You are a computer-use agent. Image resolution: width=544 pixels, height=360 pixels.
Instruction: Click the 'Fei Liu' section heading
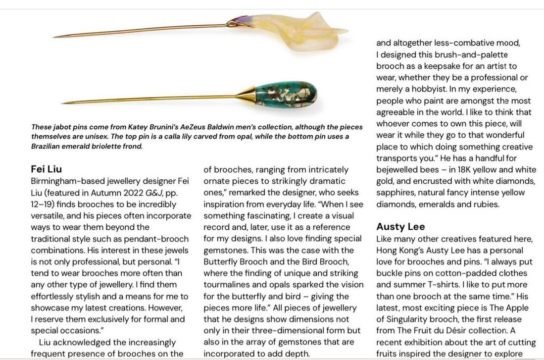coord(46,169)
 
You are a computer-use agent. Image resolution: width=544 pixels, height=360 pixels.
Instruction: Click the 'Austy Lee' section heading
coord(400,227)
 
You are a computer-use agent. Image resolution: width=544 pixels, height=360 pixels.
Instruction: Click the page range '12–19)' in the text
coord(44,204)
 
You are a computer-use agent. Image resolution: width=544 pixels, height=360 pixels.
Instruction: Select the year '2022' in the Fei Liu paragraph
coord(134,193)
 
